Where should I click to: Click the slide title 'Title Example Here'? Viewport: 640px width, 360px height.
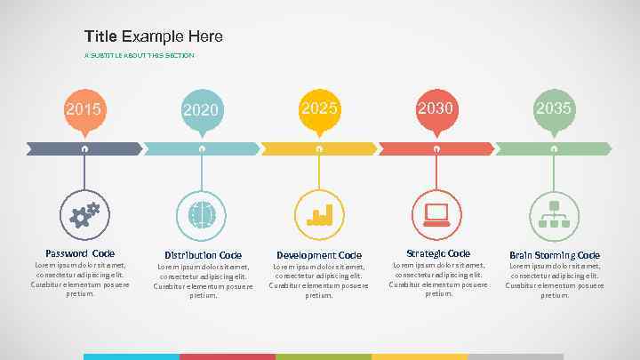point(154,36)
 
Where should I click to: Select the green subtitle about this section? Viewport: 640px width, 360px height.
point(139,55)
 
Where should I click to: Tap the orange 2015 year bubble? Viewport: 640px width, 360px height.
point(84,109)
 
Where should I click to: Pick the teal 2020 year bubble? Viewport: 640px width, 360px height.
point(202,110)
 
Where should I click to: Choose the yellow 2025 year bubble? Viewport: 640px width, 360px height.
point(319,108)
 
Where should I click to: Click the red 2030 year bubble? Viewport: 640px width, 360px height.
point(436,108)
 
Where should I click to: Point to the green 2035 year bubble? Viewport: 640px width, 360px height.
point(554,108)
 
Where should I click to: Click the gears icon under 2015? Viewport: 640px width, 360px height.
point(84,213)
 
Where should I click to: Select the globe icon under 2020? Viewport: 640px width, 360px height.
point(202,214)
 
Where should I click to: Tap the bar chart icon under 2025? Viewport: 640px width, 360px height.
point(319,214)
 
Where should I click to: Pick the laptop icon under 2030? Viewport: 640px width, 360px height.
point(436,213)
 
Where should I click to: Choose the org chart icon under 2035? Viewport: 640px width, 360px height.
point(554,214)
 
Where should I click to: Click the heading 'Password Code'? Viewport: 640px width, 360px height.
point(80,253)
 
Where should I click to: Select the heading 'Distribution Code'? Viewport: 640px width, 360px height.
point(203,255)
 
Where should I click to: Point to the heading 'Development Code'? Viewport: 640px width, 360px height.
point(319,255)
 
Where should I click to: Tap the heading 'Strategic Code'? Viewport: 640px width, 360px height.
point(438,253)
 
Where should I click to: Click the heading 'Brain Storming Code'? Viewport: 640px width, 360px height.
point(555,255)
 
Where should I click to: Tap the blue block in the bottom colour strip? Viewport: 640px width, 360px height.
point(131,356)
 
